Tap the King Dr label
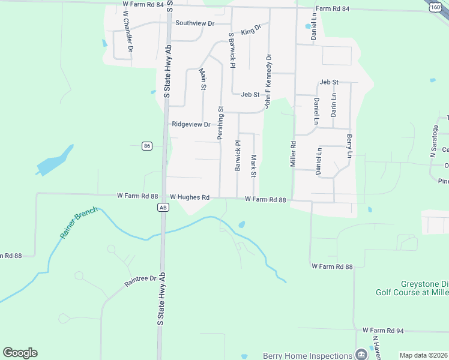(x=252, y=29)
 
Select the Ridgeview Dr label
(x=191, y=125)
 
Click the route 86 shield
(x=147, y=146)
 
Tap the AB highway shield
(x=163, y=207)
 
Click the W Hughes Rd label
(x=189, y=197)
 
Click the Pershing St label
(x=220, y=123)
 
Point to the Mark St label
(x=254, y=166)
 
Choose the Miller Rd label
(x=294, y=154)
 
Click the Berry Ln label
(x=349, y=146)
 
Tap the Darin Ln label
(x=334, y=105)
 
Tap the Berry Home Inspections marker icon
(x=361, y=354)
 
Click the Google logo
(x=20, y=353)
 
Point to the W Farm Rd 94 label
(x=384, y=331)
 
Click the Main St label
(x=203, y=79)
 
